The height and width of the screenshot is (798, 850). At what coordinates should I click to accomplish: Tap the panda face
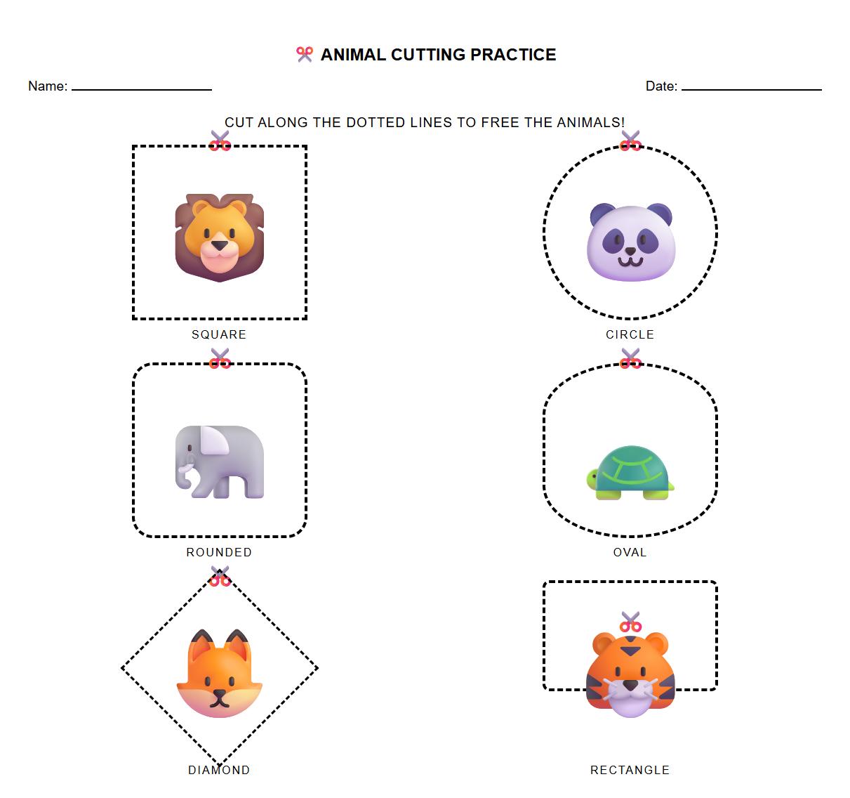click(x=630, y=242)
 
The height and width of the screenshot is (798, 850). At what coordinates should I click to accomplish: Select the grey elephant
click(x=219, y=462)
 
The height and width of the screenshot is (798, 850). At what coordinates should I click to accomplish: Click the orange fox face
click(x=219, y=674)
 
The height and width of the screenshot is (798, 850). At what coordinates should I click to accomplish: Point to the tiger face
click(x=630, y=674)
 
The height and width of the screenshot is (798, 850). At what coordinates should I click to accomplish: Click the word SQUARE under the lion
click(x=219, y=334)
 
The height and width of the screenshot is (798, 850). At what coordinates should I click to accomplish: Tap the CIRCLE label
click(x=630, y=334)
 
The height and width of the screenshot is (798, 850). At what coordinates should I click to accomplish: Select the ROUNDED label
click(x=219, y=552)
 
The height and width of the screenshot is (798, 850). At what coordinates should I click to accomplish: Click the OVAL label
click(x=630, y=552)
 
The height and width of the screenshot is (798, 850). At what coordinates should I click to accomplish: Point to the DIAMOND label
click(x=219, y=770)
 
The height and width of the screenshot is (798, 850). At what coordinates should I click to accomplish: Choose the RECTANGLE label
click(x=630, y=770)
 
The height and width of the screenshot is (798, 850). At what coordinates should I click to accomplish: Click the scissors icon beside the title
click(x=304, y=54)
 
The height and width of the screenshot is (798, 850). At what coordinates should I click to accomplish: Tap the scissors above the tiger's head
click(x=630, y=622)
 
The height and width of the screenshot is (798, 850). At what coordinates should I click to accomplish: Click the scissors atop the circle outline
click(x=630, y=140)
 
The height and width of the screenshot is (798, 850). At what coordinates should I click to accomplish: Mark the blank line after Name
click(x=142, y=87)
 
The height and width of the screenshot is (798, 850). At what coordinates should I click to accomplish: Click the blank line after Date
click(x=751, y=87)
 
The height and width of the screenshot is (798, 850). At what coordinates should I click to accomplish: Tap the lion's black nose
click(x=220, y=246)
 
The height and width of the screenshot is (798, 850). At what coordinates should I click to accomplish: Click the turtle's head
click(x=592, y=478)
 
